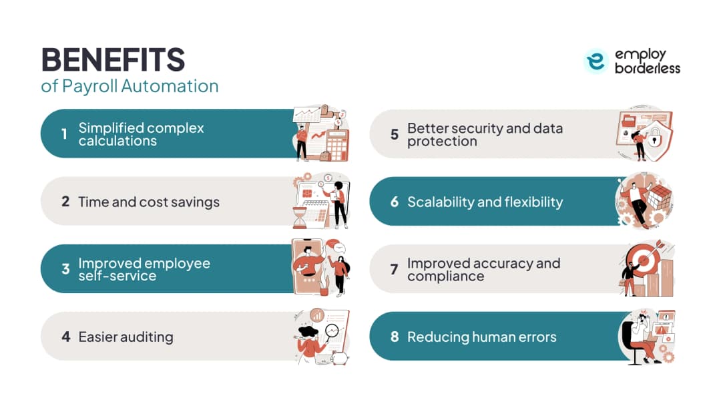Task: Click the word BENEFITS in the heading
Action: point(113,60)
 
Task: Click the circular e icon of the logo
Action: point(596,61)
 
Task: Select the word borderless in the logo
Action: point(648,68)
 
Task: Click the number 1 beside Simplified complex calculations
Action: point(64,134)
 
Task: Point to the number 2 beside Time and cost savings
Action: point(65,202)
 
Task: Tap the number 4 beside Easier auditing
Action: point(65,337)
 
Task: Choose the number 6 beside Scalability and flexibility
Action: point(395,202)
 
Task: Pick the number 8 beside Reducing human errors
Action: point(395,337)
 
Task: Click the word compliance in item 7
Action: point(445,276)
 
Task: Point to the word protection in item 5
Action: point(442,141)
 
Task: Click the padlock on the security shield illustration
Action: point(654,138)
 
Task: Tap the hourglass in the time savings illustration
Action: point(299,218)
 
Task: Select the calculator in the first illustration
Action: point(337,146)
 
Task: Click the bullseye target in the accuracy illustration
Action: point(644,260)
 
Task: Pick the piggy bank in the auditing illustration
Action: point(340,357)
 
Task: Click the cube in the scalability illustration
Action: point(658,198)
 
